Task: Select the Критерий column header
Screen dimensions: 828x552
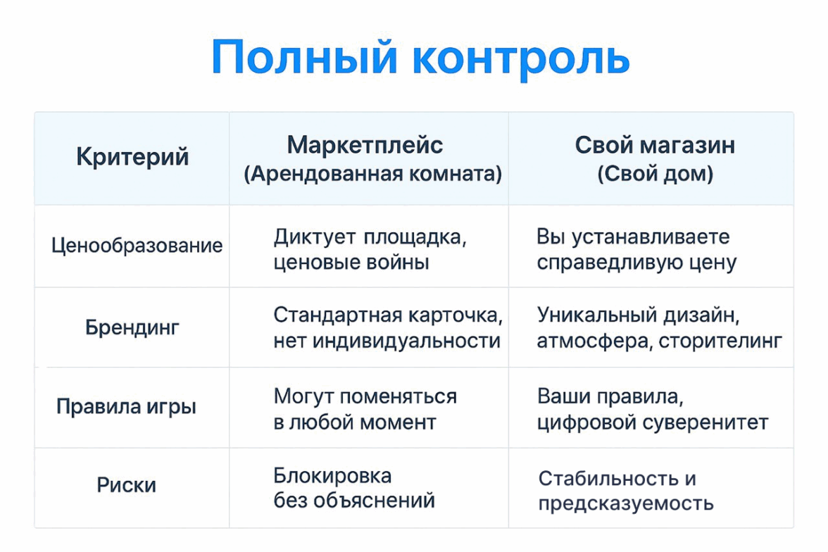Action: (132, 157)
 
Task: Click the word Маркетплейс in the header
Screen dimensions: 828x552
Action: (365, 145)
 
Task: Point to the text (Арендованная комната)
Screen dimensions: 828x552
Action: (373, 173)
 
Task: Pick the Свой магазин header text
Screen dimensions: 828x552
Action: (655, 145)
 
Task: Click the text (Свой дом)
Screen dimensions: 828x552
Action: (655, 173)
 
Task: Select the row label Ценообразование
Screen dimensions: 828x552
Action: (137, 246)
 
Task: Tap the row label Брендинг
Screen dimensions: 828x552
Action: (132, 327)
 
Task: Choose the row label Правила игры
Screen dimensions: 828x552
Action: (126, 406)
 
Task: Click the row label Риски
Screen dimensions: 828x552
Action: (126, 485)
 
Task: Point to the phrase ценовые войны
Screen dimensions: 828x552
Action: (351, 262)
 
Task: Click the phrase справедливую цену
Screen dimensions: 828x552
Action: (636, 263)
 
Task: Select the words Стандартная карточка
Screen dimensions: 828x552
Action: (388, 315)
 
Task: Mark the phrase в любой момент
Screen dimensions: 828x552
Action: (355, 422)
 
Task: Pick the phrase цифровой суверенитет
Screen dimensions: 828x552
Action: (653, 422)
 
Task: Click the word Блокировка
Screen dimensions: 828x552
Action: (332, 476)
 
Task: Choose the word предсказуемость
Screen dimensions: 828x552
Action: (626, 503)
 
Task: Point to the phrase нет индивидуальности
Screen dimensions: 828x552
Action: (387, 341)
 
